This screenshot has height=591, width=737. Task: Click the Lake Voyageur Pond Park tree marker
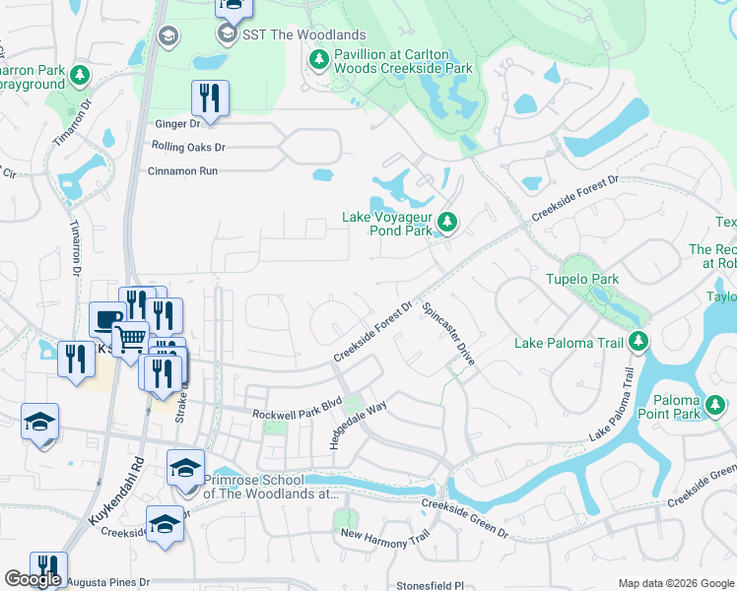[x=447, y=223]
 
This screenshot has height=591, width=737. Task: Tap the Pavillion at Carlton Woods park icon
[x=319, y=61]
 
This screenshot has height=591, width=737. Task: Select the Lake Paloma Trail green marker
[x=638, y=342]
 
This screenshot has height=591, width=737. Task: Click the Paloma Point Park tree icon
[x=714, y=404]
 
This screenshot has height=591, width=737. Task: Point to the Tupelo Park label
[x=582, y=280]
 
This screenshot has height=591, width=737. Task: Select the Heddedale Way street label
[x=358, y=421]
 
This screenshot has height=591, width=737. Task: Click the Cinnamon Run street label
[x=181, y=170]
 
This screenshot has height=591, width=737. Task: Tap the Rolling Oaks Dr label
[x=188, y=147]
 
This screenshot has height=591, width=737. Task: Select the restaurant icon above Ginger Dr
[x=210, y=97]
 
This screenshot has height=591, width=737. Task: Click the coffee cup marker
[x=107, y=318]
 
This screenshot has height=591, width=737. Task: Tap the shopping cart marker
[x=130, y=340]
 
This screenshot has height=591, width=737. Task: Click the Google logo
[x=33, y=579]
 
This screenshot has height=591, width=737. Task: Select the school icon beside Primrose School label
[x=185, y=469]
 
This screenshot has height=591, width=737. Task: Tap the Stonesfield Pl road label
[x=429, y=584]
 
